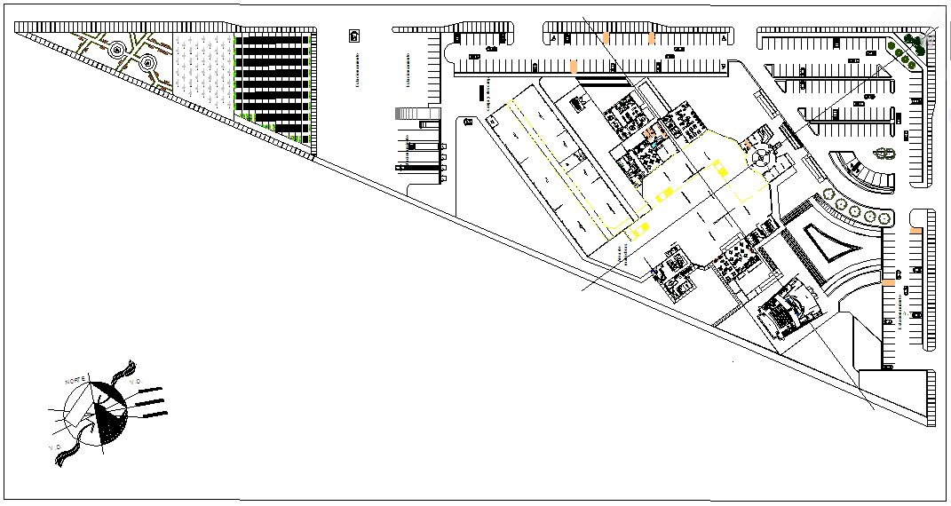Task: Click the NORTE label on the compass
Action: (75, 381)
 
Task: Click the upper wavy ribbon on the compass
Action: (124, 370)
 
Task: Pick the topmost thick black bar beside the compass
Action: (149, 390)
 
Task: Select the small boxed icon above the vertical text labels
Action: (354, 36)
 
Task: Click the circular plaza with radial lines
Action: (760, 159)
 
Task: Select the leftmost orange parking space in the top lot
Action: (574, 67)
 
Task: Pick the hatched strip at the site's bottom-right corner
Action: (931, 396)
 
